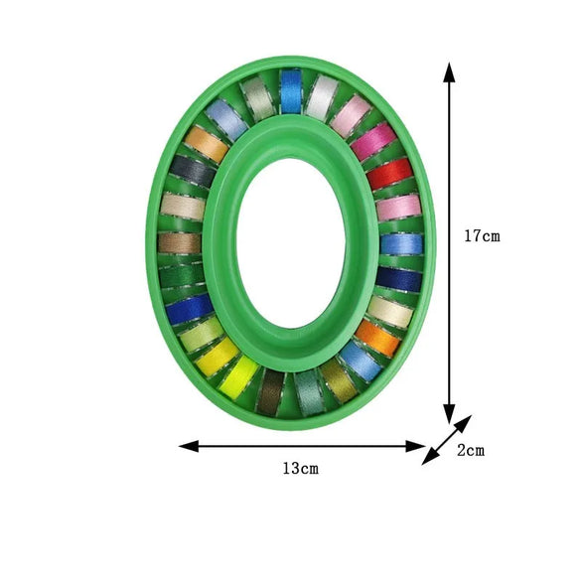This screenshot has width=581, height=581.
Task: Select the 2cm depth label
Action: (x=470, y=450)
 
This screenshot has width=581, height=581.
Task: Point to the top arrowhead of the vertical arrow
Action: (x=450, y=72)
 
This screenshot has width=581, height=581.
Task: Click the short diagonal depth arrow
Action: (x=446, y=440)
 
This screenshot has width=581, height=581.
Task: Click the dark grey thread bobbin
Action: (x=192, y=172)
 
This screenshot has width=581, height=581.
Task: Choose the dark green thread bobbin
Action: (x=182, y=275)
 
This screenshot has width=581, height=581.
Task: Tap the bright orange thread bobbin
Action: (x=377, y=338)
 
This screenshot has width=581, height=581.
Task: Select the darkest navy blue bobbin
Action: (x=399, y=279)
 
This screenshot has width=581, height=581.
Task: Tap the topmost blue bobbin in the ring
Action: (x=291, y=91)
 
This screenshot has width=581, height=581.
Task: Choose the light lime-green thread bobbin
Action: (x=203, y=335)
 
